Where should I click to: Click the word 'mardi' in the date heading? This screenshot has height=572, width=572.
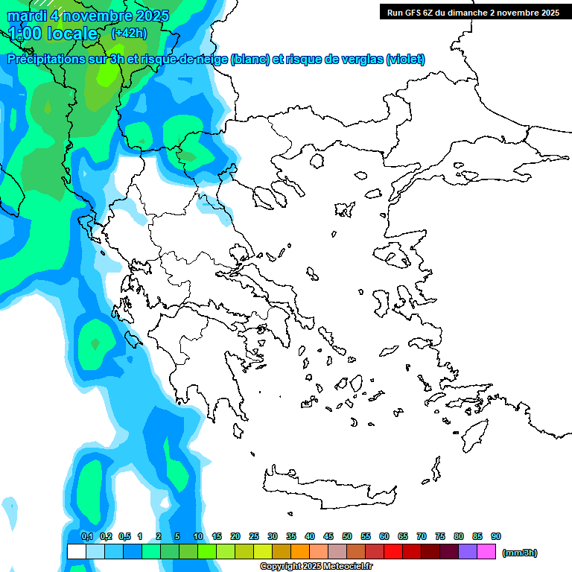point(27,16)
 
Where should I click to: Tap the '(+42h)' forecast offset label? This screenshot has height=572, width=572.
point(129,34)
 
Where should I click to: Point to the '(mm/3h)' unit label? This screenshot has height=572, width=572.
point(519,553)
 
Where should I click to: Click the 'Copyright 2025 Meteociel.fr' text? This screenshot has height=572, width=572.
point(316,567)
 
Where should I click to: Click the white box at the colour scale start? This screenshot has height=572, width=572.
point(76,552)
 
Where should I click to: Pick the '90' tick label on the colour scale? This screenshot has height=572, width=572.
point(496,536)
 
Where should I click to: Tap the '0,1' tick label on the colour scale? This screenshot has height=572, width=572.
point(86,536)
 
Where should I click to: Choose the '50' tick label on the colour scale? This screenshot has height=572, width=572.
point(347,536)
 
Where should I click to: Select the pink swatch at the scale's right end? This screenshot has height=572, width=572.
point(486,552)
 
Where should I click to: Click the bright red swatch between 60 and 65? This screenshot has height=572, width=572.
point(393,552)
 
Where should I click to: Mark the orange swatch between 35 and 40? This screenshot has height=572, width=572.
point(300,552)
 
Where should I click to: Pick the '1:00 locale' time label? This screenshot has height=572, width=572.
point(54,34)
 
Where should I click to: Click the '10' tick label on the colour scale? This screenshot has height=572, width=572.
point(198,536)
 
